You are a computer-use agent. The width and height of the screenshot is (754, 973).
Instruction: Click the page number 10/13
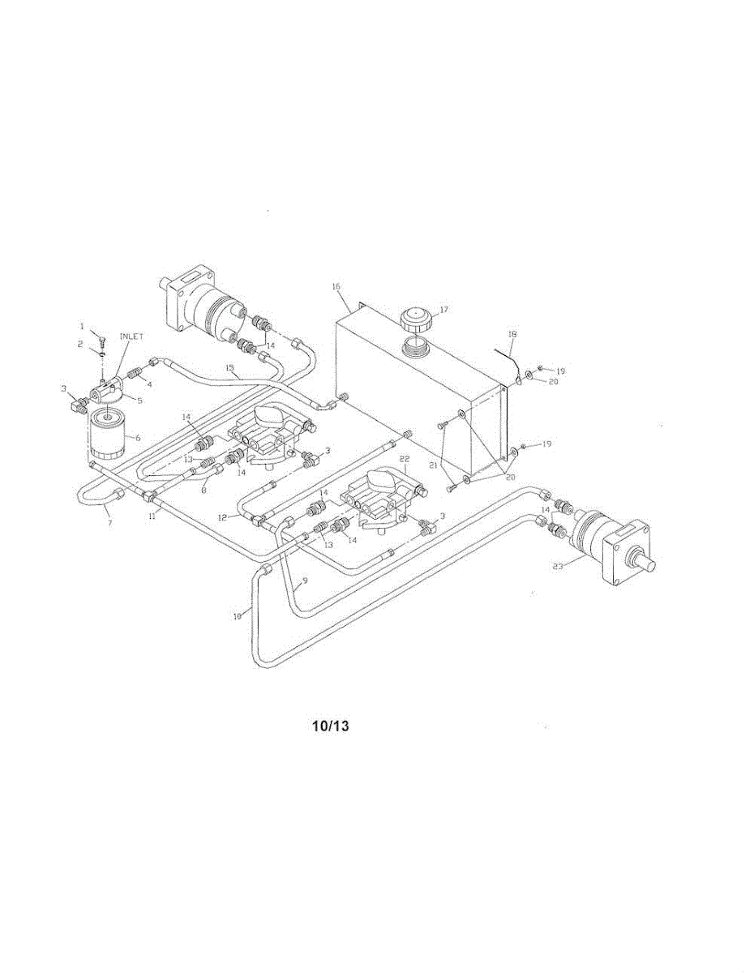point(330,726)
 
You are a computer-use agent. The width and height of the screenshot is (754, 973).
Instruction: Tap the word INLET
point(132,336)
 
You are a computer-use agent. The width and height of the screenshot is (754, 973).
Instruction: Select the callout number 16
point(337,286)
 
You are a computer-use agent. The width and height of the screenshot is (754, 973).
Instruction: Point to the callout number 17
point(443,310)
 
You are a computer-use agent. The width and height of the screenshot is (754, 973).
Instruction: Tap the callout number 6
point(138,437)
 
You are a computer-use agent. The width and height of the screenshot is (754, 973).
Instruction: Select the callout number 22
point(405,459)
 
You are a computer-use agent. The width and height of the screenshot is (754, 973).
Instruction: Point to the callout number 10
point(238,616)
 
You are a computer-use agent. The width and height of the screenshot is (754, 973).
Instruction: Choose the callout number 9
point(305,581)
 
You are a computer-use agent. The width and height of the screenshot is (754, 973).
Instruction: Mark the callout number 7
point(110,523)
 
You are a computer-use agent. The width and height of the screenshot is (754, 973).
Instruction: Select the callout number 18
point(512,333)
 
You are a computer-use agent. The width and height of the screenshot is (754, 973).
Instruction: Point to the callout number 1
point(82,325)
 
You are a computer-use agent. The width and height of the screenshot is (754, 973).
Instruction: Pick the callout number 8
point(204,489)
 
